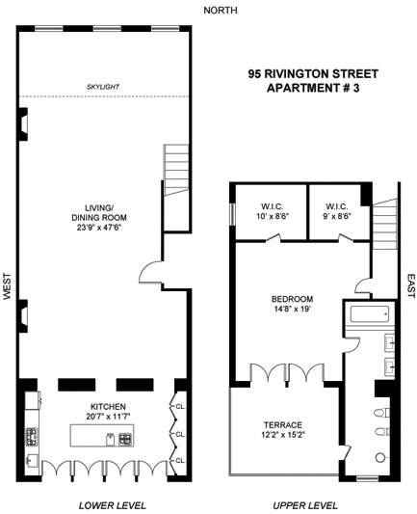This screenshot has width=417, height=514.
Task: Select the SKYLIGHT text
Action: [x=102, y=87]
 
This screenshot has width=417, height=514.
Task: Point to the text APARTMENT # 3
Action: [x=312, y=89]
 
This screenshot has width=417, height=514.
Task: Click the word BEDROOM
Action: [x=290, y=299]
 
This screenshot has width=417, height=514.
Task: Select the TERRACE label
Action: [x=283, y=424]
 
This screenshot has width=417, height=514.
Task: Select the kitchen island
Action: [x=105, y=439]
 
